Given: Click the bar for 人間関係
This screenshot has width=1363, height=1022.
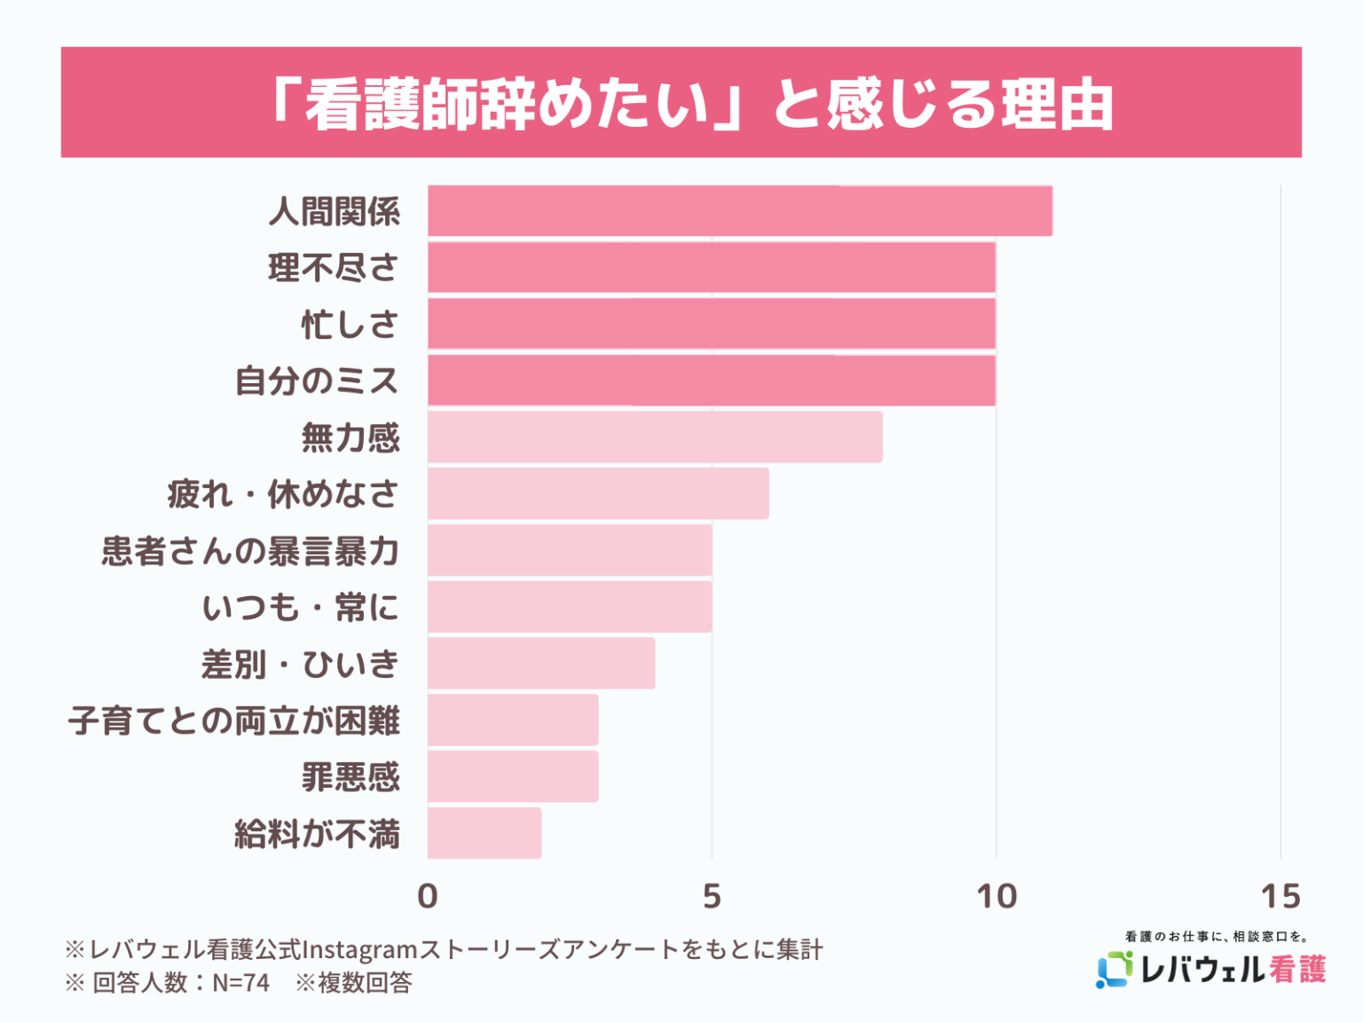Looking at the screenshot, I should click(739, 211).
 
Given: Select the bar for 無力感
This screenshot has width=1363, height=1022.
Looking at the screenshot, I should click(655, 436).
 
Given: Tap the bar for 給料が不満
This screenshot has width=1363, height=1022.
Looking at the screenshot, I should click(485, 833).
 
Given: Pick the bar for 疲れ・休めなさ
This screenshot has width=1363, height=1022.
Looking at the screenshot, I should click(598, 493).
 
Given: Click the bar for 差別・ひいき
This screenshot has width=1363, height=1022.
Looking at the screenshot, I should click(541, 663).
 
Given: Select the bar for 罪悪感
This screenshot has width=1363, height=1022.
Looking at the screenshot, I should click(513, 776).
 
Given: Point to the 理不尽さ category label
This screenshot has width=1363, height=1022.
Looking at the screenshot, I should click(334, 268).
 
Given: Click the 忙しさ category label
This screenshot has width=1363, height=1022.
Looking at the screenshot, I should click(350, 325).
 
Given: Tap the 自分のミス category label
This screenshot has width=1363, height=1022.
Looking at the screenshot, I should click(317, 381).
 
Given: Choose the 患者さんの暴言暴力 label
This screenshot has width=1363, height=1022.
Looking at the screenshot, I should click(250, 551).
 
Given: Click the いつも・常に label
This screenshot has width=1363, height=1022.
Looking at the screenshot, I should click(300, 608).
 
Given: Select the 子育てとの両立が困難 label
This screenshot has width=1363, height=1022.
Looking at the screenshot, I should click(234, 720).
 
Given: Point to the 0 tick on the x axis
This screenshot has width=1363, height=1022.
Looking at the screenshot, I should click(428, 896).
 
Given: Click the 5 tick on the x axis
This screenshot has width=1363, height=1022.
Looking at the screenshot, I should click(712, 896).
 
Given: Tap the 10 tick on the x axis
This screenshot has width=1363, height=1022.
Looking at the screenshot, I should click(996, 896).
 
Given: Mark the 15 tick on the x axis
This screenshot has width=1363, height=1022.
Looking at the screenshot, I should click(1280, 896).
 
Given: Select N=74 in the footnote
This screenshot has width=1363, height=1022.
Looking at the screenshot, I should click(240, 983).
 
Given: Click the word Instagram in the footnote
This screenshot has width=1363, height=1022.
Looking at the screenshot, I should click(359, 949).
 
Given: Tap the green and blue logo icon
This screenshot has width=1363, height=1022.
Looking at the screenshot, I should click(1115, 969).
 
